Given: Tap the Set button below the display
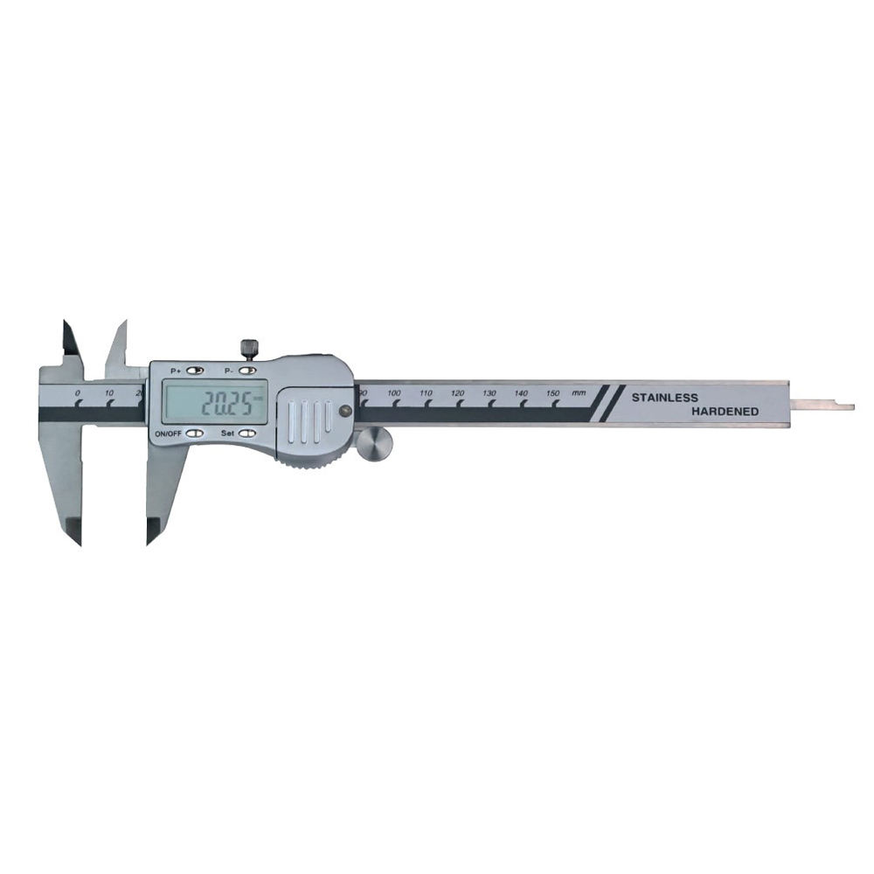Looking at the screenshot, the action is click(x=247, y=434).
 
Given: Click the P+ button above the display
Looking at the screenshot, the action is click(x=195, y=370).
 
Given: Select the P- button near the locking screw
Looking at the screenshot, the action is click(x=248, y=370).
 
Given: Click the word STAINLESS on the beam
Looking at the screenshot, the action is click(x=664, y=398).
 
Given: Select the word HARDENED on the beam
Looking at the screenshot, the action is click(x=725, y=412).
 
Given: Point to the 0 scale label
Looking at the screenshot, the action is click(x=78, y=393).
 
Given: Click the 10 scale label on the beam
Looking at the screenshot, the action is click(x=108, y=393).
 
